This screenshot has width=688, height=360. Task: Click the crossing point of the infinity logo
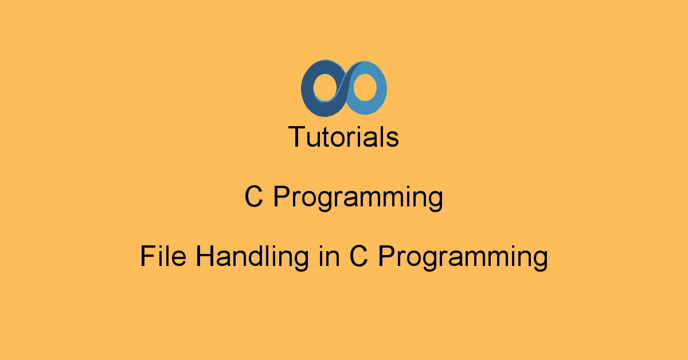point(344,87)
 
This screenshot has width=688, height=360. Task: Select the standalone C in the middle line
point(254,198)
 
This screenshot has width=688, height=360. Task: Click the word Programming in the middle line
point(358,199)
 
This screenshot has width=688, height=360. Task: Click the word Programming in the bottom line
point(462,258)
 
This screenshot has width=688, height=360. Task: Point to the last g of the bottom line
point(540,261)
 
